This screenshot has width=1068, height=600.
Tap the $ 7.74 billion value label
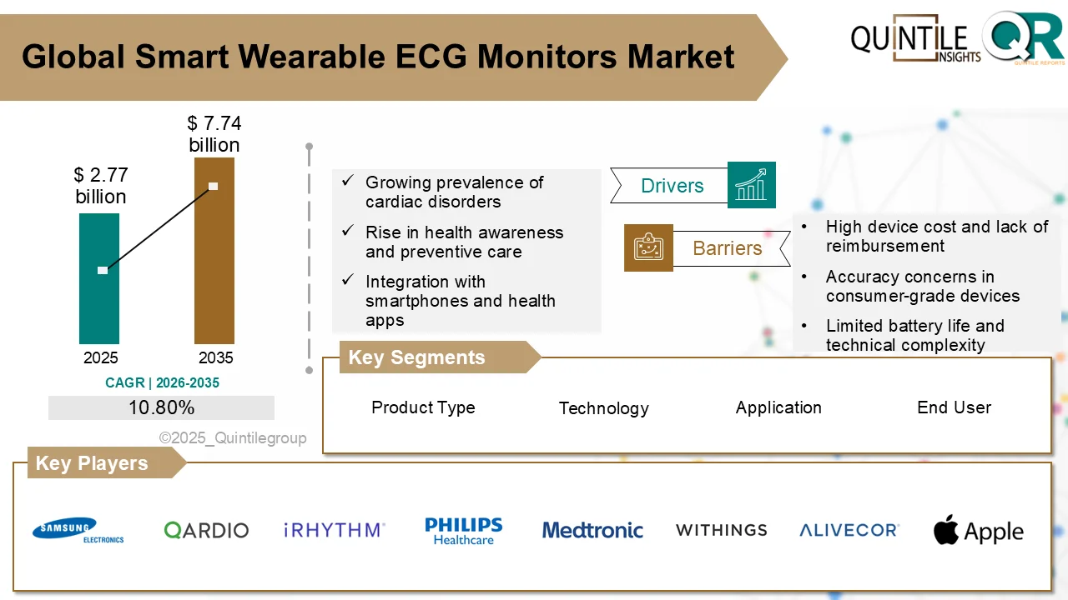coord(214,134)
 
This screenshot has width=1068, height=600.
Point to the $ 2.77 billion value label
coord(100,186)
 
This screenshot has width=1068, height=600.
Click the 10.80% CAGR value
coord(161,407)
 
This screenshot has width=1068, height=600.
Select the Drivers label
coord(672,186)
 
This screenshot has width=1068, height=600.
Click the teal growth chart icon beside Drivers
coord(751,185)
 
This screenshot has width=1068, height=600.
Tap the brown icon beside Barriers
coord(648,247)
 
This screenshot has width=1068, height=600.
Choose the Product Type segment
coord(423,407)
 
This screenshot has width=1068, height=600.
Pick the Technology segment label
coord(603,408)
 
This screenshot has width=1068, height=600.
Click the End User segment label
coord(954,407)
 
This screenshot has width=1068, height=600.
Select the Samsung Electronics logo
coord(78,530)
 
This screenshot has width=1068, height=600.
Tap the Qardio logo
coord(206,530)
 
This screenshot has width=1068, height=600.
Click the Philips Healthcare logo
coord(463,531)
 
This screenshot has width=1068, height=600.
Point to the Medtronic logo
coord(592,530)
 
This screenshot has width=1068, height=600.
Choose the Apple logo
coord(978,531)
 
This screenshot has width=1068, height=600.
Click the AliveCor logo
coord(849,530)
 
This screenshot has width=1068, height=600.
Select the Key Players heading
coord(92,463)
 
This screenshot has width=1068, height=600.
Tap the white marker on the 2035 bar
coord(213,186)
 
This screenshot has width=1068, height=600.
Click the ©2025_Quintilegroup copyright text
coord(233,438)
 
